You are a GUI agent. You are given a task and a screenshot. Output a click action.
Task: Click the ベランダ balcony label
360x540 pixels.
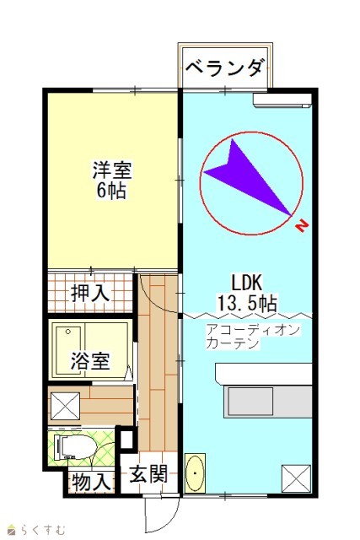pyautogui.click(x=225, y=67)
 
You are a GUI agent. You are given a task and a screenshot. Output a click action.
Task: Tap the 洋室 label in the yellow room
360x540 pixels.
pyautogui.click(x=112, y=170)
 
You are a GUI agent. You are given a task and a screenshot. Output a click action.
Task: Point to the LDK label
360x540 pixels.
pyautogui.click(x=247, y=283)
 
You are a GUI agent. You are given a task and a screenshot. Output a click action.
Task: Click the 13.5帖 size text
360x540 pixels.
pyautogui.click(x=247, y=303)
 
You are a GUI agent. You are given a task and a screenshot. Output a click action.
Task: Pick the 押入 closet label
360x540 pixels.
pyautogui.click(x=90, y=293)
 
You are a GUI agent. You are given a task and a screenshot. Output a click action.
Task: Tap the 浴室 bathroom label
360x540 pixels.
pyautogui.click(x=90, y=360)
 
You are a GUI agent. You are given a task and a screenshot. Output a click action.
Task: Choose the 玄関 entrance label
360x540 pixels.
pyautogui.click(x=148, y=474)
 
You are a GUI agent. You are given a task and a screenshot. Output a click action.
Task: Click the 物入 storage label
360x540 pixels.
pyautogui.click(x=92, y=482)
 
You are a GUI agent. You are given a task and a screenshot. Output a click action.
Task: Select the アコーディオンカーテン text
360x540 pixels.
pyautogui.click(x=253, y=336)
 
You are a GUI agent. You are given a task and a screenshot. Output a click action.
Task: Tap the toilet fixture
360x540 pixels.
pyautogui.click(x=78, y=446)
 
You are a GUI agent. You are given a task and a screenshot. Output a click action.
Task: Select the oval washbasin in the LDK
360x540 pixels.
pyautogui.click(x=195, y=472)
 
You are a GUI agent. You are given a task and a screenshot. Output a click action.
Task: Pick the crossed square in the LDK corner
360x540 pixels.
pyautogui.click(x=296, y=478)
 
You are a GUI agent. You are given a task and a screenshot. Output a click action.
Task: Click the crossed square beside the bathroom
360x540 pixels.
pyautogui.click(x=65, y=406)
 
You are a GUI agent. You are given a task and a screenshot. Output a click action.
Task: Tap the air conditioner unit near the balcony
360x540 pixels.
pyautogui.click(x=282, y=100)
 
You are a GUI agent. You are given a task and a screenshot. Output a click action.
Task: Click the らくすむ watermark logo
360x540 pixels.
pyautogui.click(x=36, y=529)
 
